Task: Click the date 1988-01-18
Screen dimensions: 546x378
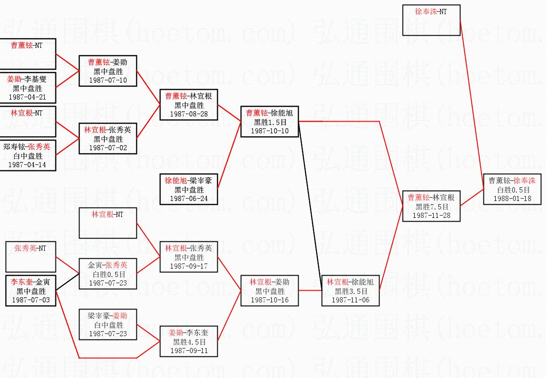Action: coord(512,198)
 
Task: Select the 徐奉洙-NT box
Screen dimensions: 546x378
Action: coord(431,20)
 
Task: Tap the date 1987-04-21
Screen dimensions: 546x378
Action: coord(27,97)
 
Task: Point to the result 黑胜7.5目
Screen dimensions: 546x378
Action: coord(431,207)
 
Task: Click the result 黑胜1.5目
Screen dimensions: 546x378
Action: coord(269,122)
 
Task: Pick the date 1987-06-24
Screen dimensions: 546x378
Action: coord(189,198)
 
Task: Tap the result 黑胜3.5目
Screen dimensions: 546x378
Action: coord(350,291)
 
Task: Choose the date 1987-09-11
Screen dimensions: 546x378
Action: coord(189,350)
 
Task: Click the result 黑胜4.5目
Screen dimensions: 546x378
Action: coord(189,342)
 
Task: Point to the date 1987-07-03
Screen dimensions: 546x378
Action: coord(31,300)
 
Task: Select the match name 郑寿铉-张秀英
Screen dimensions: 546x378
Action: coord(27,147)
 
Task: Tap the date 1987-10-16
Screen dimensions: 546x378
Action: coord(269,300)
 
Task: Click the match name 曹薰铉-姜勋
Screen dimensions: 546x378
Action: coord(108,62)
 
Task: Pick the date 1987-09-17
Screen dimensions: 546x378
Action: coord(189,266)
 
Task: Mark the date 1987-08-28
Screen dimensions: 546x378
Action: coord(189,114)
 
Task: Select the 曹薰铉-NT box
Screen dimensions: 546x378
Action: coord(27,54)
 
